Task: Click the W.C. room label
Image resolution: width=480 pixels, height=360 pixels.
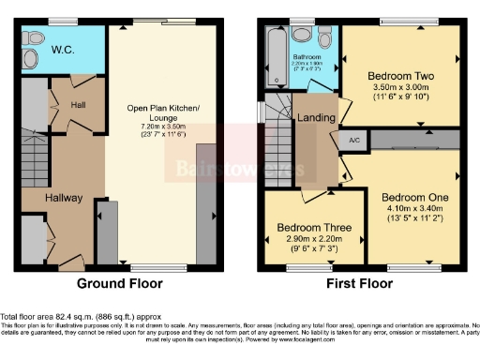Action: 63,50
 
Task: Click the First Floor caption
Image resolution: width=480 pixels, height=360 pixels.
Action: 358,283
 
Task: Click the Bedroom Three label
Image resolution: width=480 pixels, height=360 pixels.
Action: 315,228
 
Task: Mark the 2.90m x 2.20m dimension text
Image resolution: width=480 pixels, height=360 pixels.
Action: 315,241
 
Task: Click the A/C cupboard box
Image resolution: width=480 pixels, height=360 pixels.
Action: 353,140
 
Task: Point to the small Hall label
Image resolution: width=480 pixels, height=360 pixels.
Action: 78,105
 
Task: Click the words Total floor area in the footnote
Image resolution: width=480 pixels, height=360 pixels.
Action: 28,318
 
